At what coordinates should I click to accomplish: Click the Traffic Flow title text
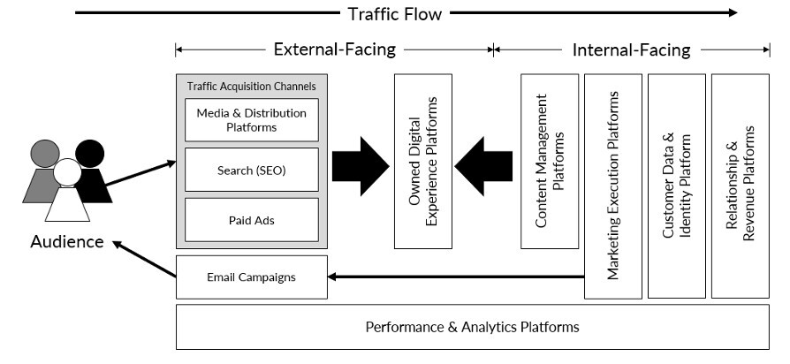click(x=394, y=13)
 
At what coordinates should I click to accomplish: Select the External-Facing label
click(x=334, y=49)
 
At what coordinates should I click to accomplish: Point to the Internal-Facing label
click(x=631, y=49)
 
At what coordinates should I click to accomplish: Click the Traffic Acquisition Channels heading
click(x=252, y=87)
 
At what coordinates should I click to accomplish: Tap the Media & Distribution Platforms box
click(x=252, y=120)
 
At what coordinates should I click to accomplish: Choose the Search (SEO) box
click(x=252, y=169)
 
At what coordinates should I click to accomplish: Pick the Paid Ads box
click(x=252, y=219)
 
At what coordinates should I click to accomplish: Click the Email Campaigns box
click(x=252, y=277)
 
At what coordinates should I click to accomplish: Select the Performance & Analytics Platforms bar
click(x=472, y=327)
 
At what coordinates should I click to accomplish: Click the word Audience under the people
click(x=66, y=242)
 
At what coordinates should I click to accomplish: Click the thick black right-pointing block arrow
click(x=360, y=166)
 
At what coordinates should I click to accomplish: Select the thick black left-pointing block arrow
click(x=484, y=166)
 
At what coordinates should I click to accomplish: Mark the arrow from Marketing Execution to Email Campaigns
click(x=455, y=277)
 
